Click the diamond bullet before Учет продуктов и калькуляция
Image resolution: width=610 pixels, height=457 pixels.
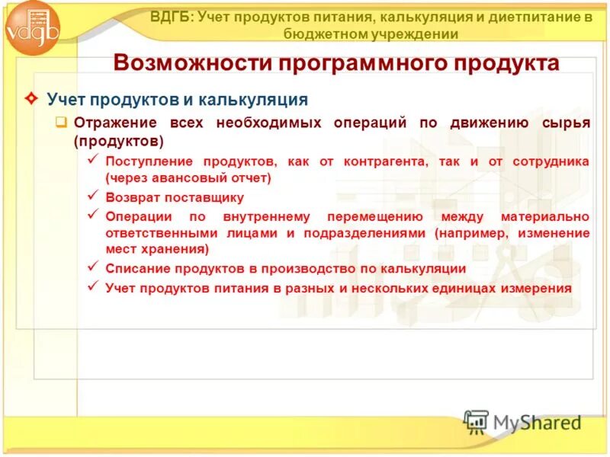tap(30, 99)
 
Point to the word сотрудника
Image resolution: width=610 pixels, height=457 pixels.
tap(551, 162)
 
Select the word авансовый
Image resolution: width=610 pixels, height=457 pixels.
tap(188, 178)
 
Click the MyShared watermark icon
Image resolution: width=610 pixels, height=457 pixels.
tap(477, 420)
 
